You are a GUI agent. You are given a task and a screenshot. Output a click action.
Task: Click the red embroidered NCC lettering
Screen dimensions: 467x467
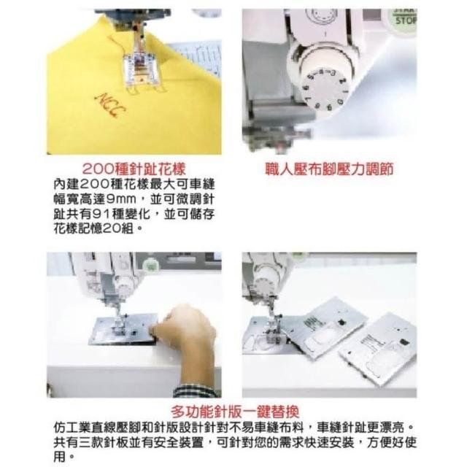point(110,105)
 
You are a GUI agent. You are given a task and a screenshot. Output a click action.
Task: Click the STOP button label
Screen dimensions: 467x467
point(406,20)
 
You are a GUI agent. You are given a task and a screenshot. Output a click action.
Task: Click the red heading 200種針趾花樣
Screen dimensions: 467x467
point(134,169)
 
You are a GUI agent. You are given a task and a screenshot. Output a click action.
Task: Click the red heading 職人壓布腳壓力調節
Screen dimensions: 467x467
point(329,169)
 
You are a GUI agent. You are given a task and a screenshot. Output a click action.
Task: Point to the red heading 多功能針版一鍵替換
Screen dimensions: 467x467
point(235,412)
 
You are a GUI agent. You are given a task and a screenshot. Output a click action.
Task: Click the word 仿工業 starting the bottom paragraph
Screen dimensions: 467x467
point(72,428)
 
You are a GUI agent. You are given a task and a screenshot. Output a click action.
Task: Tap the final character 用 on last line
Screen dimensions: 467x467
point(60,457)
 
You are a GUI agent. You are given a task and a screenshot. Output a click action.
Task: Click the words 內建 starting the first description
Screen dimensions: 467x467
point(66,185)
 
